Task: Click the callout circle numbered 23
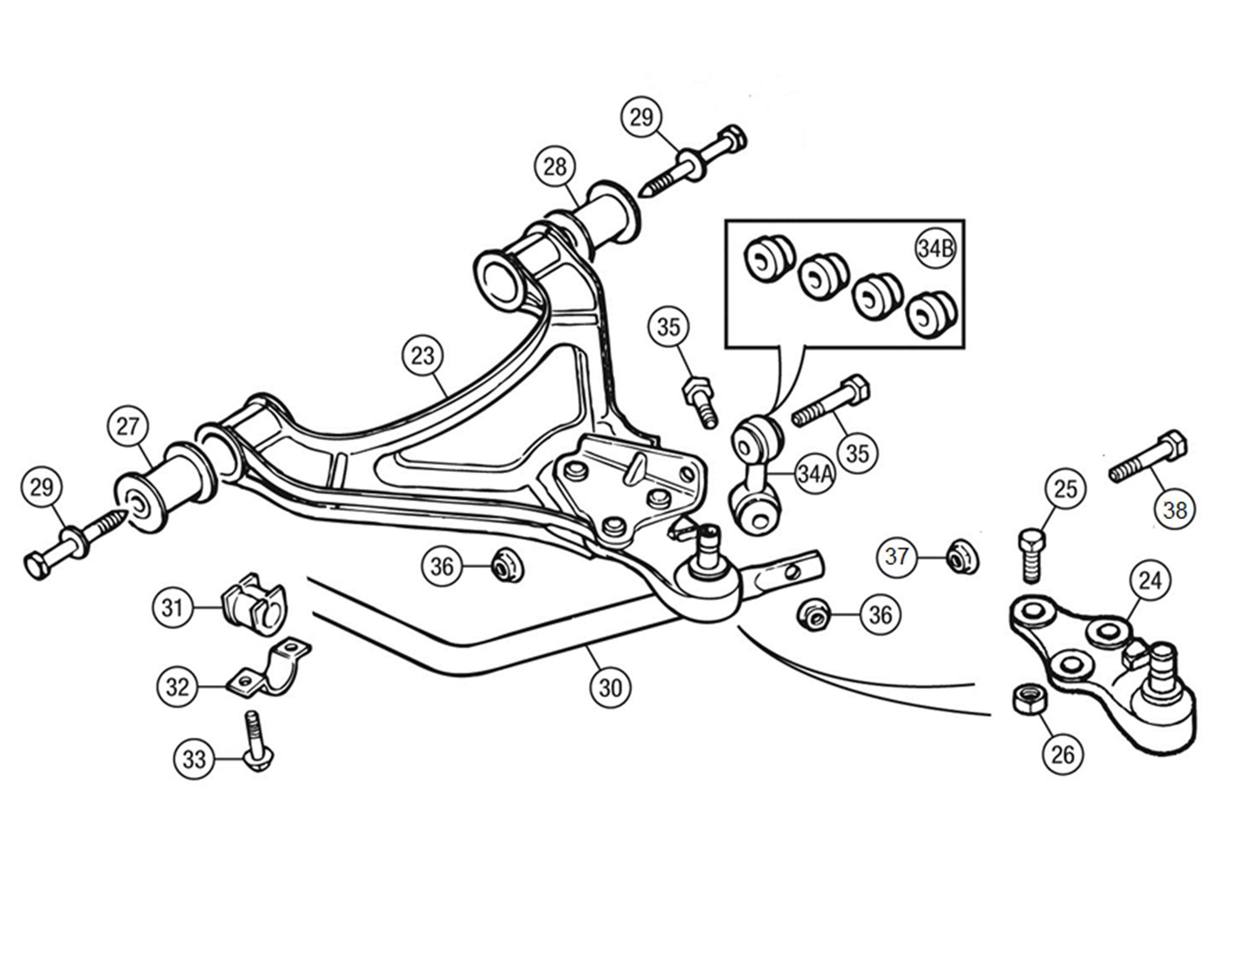423,356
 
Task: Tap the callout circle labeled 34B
936,248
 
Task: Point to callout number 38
1175,510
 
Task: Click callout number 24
1150,581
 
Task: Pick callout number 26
1062,754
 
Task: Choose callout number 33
194,759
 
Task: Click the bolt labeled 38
1149,458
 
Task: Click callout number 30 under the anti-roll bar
610,687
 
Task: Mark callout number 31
173,608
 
